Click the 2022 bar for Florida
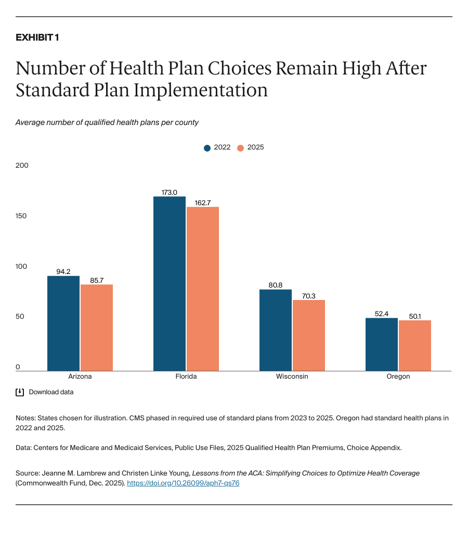169,284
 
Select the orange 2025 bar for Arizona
97,328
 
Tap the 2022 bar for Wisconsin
275,330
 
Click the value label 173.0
169,192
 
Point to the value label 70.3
308,296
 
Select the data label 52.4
381,314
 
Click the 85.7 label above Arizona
97,280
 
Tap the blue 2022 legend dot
207,148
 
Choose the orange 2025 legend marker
240,148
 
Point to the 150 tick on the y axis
22,216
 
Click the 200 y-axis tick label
22,166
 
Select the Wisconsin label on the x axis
292,377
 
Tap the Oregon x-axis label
398,377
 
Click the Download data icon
20,392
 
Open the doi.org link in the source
183,483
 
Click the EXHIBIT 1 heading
37,38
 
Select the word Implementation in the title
201,90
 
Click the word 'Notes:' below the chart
26,418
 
